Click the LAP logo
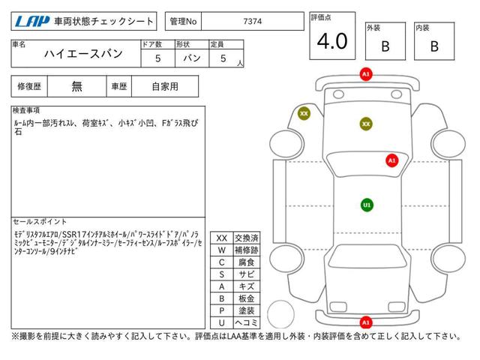tap(32, 22)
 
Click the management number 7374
tap(253, 22)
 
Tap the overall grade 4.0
tap(332, 41)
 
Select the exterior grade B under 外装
tap(385, 46)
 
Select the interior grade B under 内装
tap(434, 46)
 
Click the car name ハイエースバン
tap(83, 54)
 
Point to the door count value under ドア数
tap(157, 58)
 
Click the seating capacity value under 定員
tap(223, 58)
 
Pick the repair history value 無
tap(76, 86)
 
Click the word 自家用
tap(165, 87)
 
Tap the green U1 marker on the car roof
tap(367, 205)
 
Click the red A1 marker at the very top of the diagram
tap(366, 74)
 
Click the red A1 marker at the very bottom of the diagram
tap(366, 322)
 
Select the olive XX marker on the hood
tap(366, 124)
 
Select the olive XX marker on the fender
tap(304, 113)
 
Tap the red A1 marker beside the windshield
tap(391, 160)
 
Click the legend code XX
tap(222, 238)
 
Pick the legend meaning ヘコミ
tap(247, 322)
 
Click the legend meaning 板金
tap(247, 298)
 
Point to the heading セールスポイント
tap(40, 221)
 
